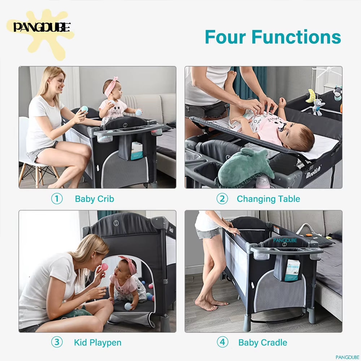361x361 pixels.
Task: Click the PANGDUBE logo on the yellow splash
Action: coord(42,27)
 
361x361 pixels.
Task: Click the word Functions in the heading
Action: coord(296,37)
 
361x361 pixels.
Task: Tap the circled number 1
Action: coord(57,199)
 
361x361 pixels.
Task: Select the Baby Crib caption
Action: coord(95,199)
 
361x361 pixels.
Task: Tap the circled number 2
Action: coord(222,199)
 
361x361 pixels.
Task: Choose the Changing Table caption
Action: coord(268,199)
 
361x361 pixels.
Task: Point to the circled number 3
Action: coord(57,342)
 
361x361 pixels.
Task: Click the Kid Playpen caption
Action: coord(97,343)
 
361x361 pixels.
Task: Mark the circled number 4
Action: coord(222,342)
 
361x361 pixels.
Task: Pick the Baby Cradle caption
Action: coord(263,343)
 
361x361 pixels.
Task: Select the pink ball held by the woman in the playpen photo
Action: coord(104,267)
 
